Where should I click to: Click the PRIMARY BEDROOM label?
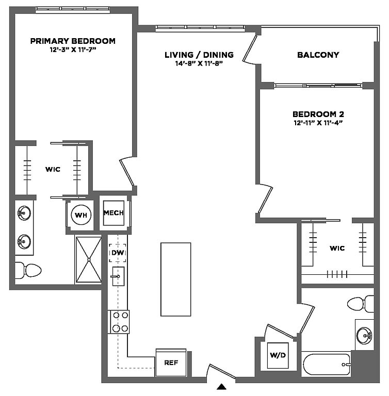coord(72,41)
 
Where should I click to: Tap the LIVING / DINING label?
coord(199,55)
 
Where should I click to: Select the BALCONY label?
coord(318,55)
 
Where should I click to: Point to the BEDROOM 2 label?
coord(318,114)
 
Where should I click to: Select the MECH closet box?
coord(114,213)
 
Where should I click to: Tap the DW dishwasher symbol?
coord(118,253)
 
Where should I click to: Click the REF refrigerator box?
coord(171,362)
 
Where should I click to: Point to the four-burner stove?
coord(119,322)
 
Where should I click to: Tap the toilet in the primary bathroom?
coord(28,270)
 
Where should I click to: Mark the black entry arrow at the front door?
coord(221,386)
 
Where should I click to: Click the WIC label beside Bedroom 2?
coord(337,248)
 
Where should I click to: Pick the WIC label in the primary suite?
coord(53,169)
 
